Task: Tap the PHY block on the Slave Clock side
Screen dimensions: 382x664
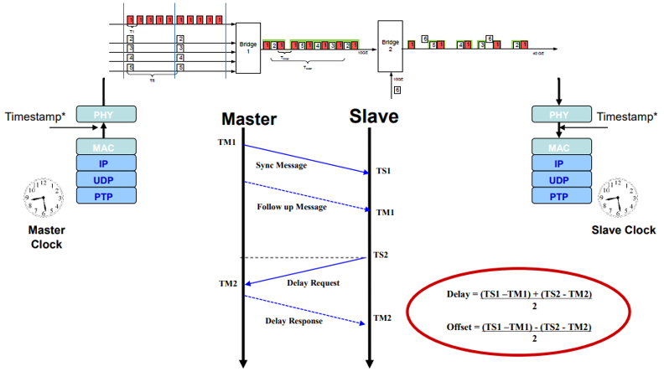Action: [x=559, y=112]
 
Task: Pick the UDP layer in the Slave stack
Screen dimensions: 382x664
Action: [x=559, y=180]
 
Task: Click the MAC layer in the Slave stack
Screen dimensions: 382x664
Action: [x=559, y=147]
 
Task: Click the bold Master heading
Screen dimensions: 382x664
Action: [x=248, y=118]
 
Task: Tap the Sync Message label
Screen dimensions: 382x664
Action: [x=283, y=165]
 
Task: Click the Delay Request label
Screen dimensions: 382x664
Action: [x=313, y=283]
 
